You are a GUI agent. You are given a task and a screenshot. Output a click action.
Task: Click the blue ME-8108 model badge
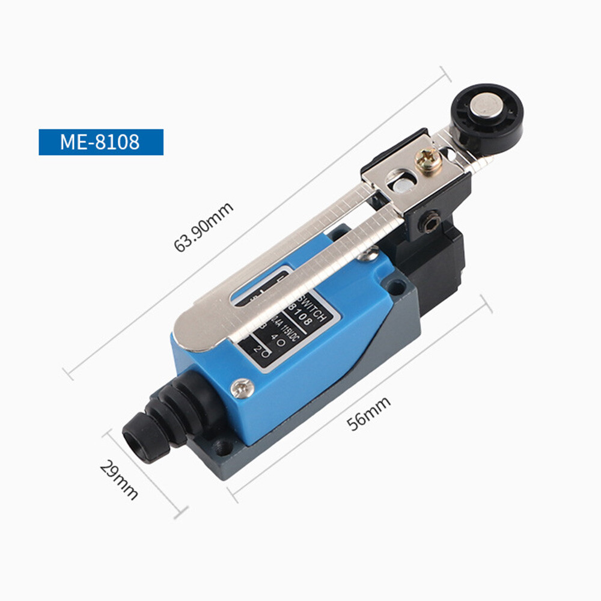coord(100,142)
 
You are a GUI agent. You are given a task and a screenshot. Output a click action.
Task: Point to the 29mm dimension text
coord(119,480)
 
